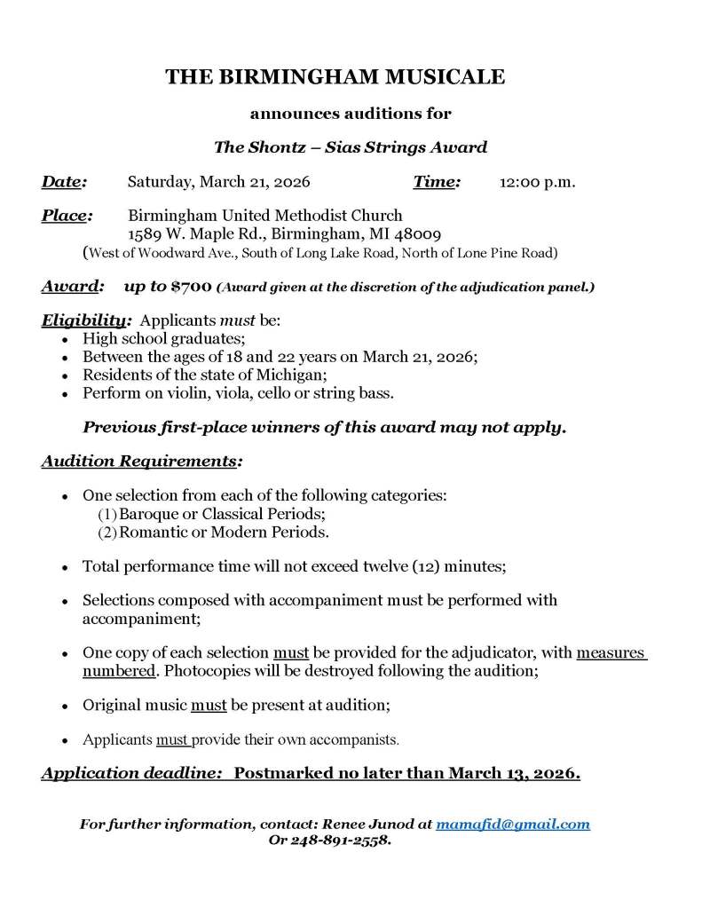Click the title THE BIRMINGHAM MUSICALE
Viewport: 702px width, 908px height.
[x=335, y=77]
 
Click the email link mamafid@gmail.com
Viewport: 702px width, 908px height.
[x=513, y=824]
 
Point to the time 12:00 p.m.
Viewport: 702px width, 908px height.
[x=537, y=183]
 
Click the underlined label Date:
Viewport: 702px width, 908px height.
[x=64, y=183]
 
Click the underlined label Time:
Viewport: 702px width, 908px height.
[x=437, y=183]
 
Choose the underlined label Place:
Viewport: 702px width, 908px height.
[x=67, y=215]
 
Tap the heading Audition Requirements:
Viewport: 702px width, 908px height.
[x=141, y=462]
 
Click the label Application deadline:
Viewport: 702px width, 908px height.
[x=131, y=773]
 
